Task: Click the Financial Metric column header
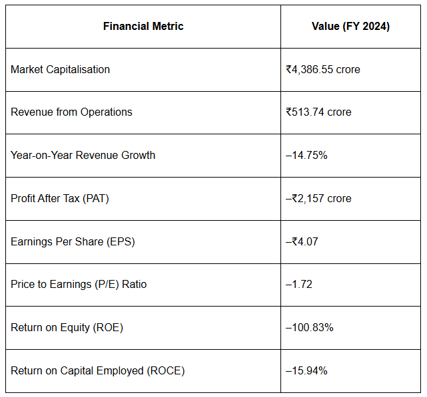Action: click(143, 26)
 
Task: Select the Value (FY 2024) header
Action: click(351, 27)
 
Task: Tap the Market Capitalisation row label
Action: click(60, 69)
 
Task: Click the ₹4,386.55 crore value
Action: click(323, 69)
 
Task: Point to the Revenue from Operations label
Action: click(71, 112)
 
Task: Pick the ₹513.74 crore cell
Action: click(318, 112)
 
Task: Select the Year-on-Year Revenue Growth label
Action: click(83, 155)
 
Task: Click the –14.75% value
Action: click(306, 155)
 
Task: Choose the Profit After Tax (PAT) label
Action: click(60, 198)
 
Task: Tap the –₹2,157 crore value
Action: click(318, 198)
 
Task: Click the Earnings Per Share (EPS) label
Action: click(73, 242)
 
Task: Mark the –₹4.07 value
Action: click(302, 241)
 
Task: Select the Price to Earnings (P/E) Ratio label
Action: click(79, 285)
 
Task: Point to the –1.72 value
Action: click(298, 285)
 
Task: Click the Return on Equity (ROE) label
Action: click(67, 328)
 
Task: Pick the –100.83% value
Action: click(309, 327)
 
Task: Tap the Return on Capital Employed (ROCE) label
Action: click(97, 371)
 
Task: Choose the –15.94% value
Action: click(306, 370)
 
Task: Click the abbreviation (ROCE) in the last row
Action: click(166, 371)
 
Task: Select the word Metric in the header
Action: click(168, 26)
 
